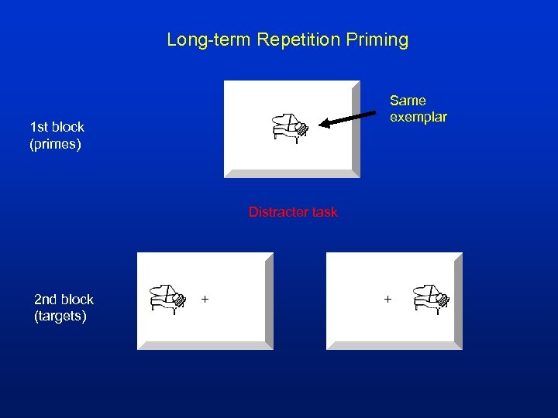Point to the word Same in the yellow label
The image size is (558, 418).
pyautogui.click(x=408, y=101)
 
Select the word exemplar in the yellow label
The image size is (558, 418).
pyautogui.click(x=418, y=118)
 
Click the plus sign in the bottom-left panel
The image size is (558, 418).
pyautogui.click(x=205, y=298)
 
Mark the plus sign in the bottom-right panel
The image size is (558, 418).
pyautogui.click(x=387, y=298)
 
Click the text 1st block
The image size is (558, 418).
pyautogui.click(x=57, y=127)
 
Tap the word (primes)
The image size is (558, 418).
pyautogui.click(x=55, y=144)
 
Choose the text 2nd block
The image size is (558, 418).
pyautogui.click(x=64, y=300)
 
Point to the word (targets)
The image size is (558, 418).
pyautogui.click(x=60, y=317)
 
